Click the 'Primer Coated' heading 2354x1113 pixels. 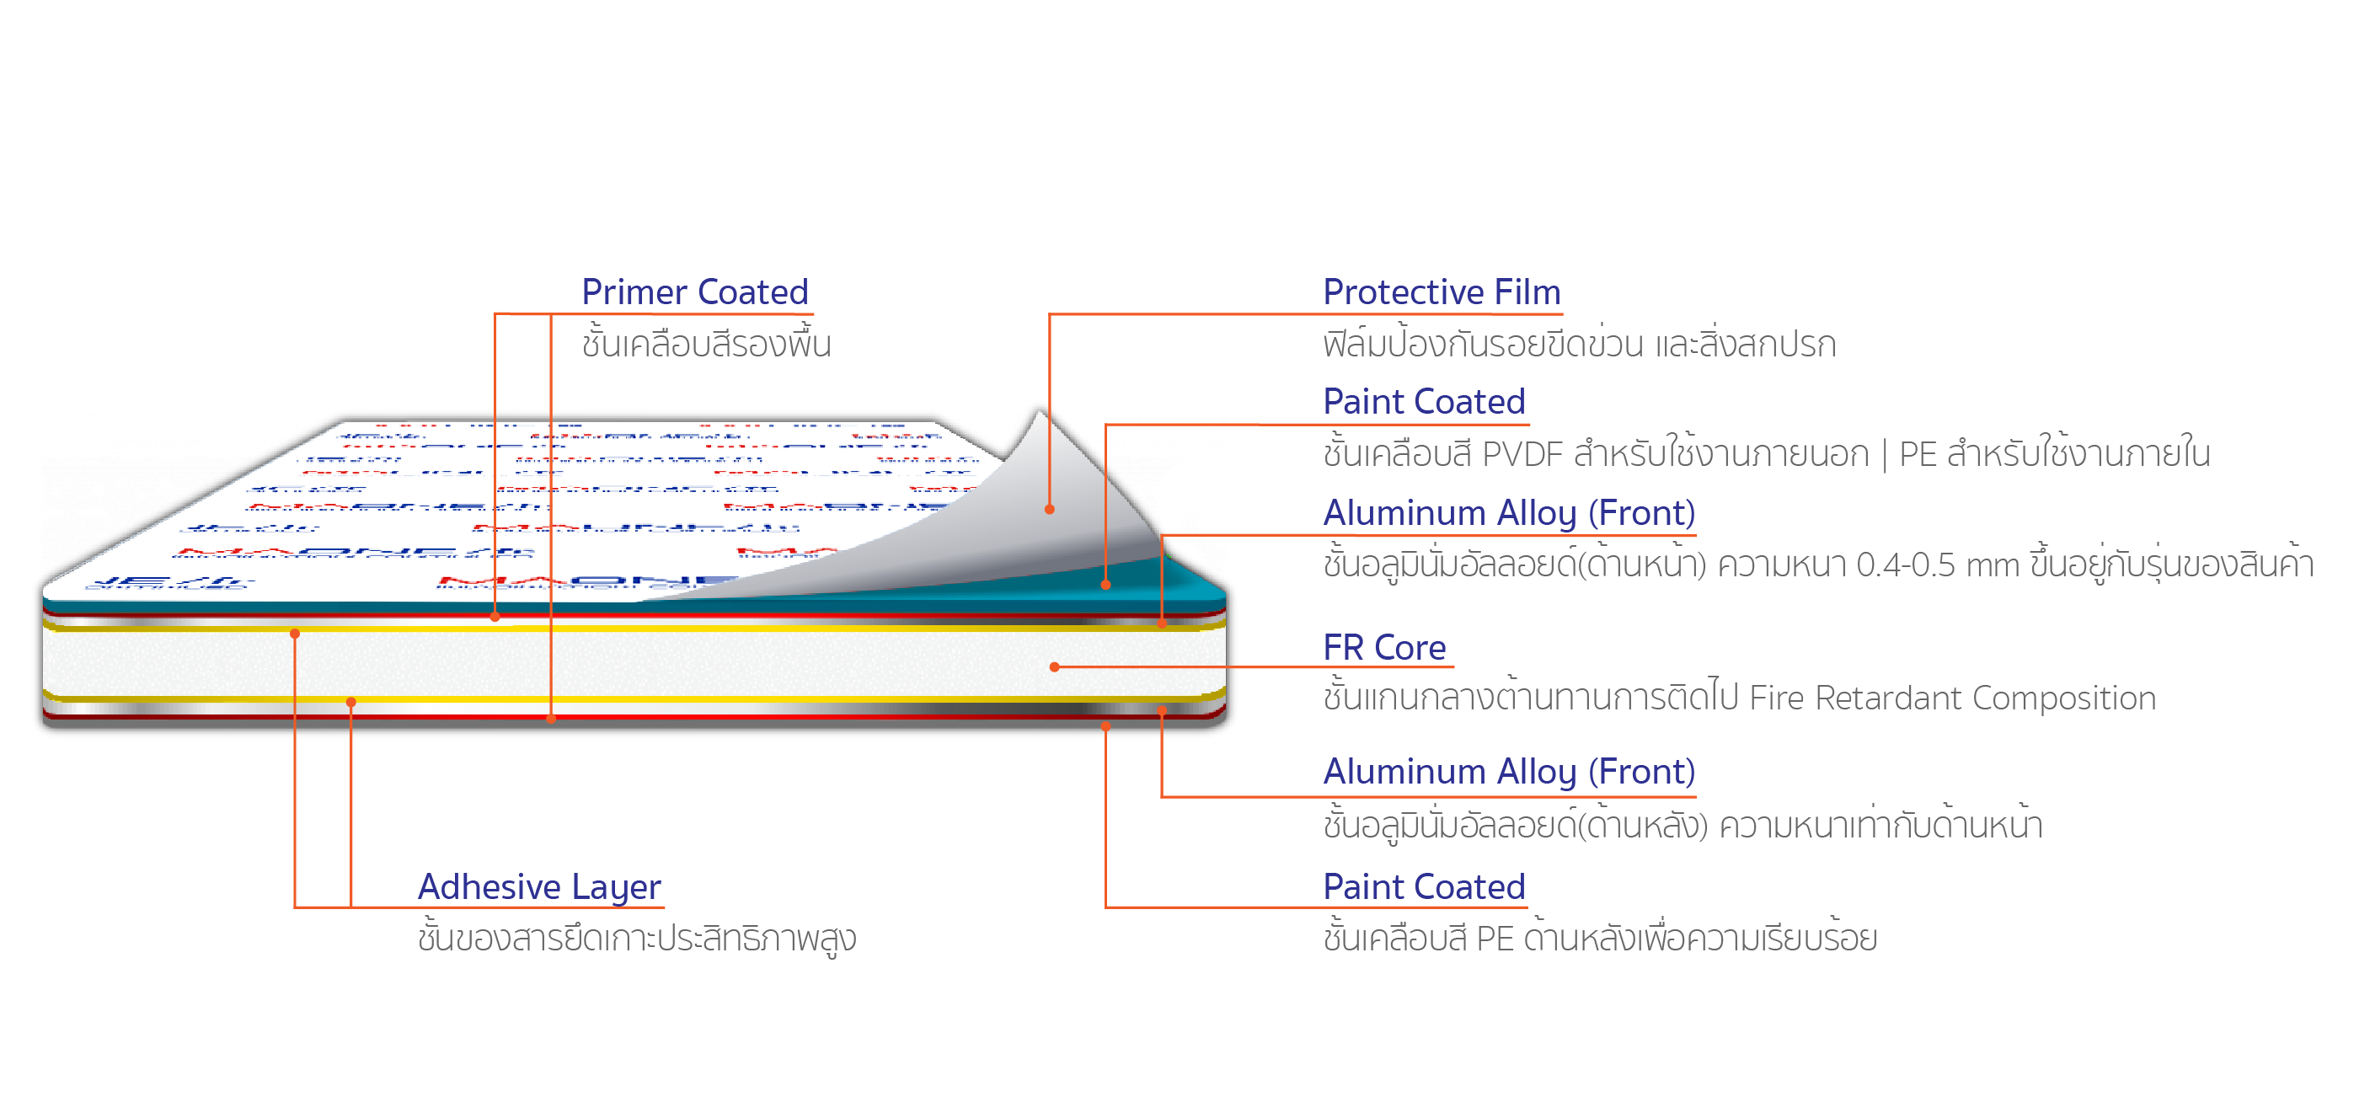694,292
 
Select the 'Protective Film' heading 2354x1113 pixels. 1441,292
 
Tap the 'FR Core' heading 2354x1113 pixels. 1383,648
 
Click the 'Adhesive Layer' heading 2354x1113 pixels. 539,886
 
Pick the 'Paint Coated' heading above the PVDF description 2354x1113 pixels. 1424,402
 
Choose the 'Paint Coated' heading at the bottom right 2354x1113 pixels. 1424,886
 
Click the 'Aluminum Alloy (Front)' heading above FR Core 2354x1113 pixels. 1509,514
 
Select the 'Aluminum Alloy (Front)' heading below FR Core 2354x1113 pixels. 1509,772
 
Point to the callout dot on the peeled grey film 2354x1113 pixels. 1050,509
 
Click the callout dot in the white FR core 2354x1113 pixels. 1055,667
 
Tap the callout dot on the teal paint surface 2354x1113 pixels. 1105,585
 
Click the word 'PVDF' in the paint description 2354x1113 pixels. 1521,454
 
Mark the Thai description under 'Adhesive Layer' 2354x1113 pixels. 637,939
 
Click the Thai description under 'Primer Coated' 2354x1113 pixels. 705,345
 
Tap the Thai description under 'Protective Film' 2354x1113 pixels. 1579,345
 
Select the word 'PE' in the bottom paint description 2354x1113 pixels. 1495,939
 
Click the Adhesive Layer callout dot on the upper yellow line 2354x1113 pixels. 294,634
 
